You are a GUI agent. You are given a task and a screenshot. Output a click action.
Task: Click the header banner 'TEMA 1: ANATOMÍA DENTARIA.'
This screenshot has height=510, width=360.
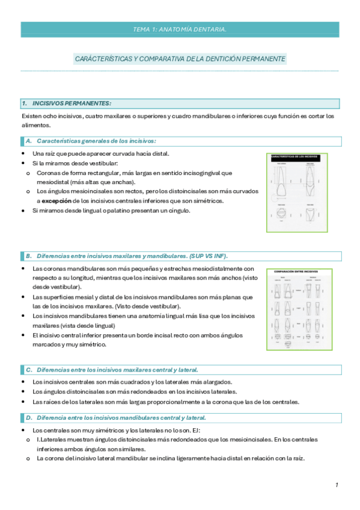tap(180, 29)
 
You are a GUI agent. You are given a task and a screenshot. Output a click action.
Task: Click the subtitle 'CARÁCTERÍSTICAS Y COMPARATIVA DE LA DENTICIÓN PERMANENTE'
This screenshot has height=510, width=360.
tap(180, 59)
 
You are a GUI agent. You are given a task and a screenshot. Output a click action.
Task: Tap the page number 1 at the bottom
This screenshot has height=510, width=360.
tap(337, 485)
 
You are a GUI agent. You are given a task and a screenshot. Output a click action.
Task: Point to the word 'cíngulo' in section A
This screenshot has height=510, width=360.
tap(178, 211)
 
